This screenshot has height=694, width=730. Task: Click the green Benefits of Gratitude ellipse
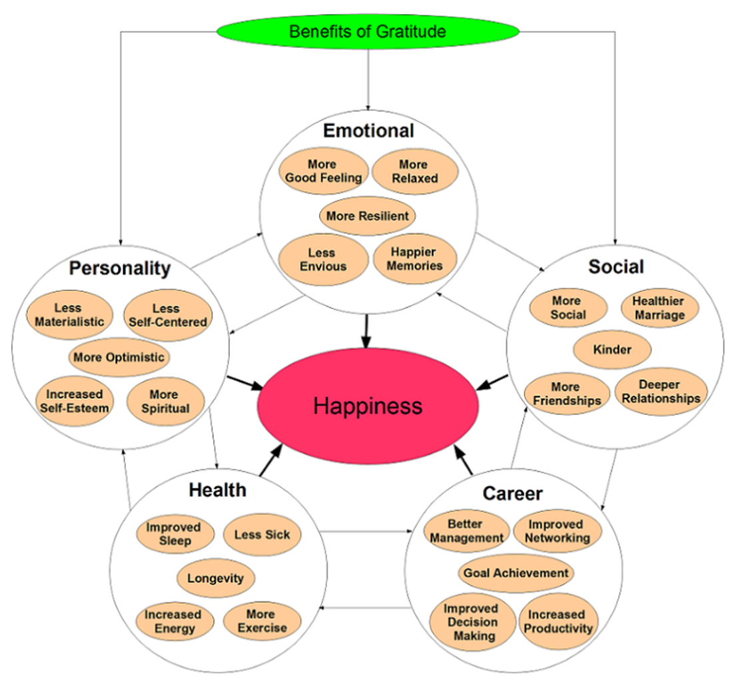click(367, 31)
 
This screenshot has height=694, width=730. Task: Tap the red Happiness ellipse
click(368, 406)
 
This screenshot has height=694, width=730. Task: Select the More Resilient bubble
click(368, 216)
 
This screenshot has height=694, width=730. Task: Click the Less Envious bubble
click(322, 259)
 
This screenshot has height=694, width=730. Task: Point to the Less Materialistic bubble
click(69, 314)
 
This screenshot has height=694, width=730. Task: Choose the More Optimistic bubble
click(119, 357)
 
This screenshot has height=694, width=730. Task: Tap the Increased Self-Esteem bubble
click(74, 401)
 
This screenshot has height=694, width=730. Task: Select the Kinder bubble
click(612, 349)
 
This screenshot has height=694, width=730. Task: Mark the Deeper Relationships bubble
click(660, 391)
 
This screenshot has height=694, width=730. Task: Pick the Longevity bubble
click(215, 577)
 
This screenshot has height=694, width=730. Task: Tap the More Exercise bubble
click(262, 621)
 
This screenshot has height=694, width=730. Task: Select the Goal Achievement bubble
click(516, 573)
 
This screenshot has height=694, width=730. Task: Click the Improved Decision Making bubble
click(472, 622)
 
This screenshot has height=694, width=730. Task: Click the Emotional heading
click(368, 131)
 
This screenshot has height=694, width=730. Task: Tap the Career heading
click(512, 494)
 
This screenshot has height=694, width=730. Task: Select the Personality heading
click(120, 268)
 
